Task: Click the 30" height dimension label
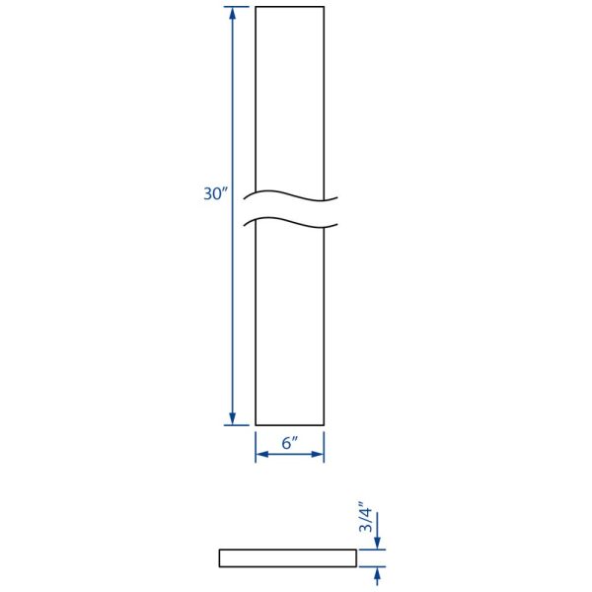pos(216,193)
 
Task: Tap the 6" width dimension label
pos(290,442)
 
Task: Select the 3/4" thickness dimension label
pos(365,517)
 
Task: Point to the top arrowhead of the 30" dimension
pos(233,13)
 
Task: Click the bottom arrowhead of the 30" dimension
pos(233,418)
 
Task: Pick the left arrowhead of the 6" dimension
pos(262,454)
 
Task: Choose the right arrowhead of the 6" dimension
pos(318,454)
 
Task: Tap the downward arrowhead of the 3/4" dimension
pos(377,544)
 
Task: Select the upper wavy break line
pos(290,195)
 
